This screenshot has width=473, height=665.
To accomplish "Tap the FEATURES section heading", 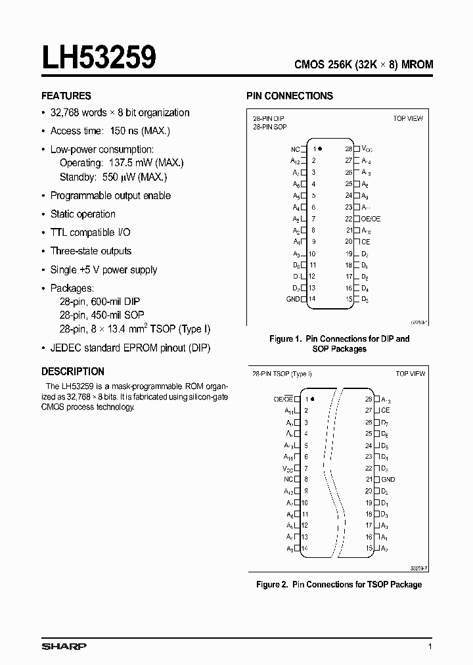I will point(66,95).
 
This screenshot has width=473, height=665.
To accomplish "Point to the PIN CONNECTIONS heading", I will point(289,96).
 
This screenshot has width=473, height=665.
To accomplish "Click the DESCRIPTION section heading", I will point(72,371).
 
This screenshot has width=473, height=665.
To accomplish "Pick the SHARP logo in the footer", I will point(64,647).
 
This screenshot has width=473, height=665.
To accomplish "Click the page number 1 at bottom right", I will point(430,647).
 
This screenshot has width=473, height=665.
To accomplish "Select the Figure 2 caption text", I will point(338,584).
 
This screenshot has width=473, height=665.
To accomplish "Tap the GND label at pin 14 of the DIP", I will point(293,299).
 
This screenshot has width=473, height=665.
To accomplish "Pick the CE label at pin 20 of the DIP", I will point(366,242).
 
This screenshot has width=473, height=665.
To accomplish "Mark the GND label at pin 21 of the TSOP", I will point(388,480).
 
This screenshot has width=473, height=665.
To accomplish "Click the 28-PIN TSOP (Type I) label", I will point(282,373).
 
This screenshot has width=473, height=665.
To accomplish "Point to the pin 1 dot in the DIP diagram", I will point(321,149).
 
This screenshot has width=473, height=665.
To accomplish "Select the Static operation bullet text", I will point(83,214).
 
